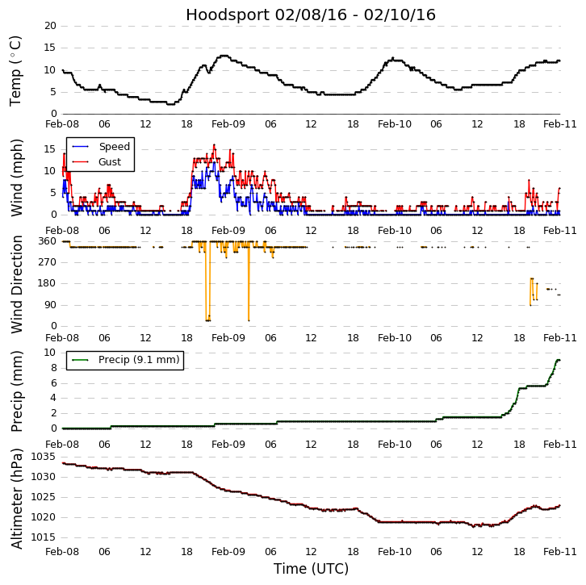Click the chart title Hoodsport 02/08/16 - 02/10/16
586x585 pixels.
click(x=311, y=15)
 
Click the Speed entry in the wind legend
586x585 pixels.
click(x=114, y=147)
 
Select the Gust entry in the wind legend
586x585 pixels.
click(x=110, y=162)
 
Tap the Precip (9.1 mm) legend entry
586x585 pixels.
click(x=138, y=360)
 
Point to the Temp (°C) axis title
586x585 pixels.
click(x=16, y=70)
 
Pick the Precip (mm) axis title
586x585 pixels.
click(x=16, y=391)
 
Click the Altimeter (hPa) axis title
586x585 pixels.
click(x=16, y=498)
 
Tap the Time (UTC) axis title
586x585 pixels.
click(x=311, y=569)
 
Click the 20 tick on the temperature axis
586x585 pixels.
click(x=50, y=26)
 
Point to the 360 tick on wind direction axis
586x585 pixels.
click(x=47, y=241)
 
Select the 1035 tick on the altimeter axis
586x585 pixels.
click(x=44, y=457)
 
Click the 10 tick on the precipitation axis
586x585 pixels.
click(x=50, y=353)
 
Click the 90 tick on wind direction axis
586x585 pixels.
click(x=50, y=305)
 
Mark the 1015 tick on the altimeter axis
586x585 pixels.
click(x=44, y=537)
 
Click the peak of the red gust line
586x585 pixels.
click(x=214, y=145)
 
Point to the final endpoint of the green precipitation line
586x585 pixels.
click(x=559, y=360)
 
